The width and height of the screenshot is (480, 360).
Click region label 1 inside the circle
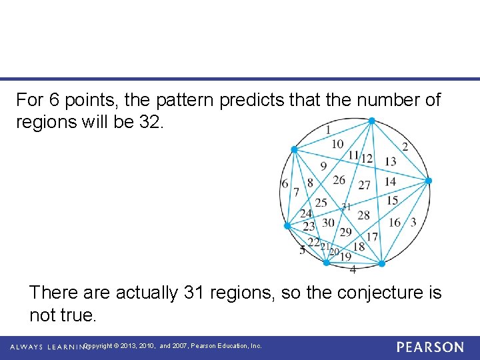point(328,129)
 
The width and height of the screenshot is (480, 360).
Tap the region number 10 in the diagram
point(337,144)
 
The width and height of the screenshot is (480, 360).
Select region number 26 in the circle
point(339,180)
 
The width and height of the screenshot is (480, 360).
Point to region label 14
point(390,181)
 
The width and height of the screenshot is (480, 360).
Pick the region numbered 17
point(372,237)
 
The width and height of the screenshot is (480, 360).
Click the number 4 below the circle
point(353,270)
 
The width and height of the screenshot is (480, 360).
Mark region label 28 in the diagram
point(363,215)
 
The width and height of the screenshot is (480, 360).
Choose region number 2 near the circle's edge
point(405,146)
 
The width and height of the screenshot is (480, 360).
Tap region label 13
point(390,161)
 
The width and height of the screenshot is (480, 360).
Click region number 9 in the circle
point(323,166)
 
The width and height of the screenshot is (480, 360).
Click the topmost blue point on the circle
point(372,121)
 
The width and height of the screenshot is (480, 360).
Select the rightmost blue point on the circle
point(429,181)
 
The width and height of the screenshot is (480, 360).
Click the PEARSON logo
point(430,347)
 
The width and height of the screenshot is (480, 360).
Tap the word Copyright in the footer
point(98,346)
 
